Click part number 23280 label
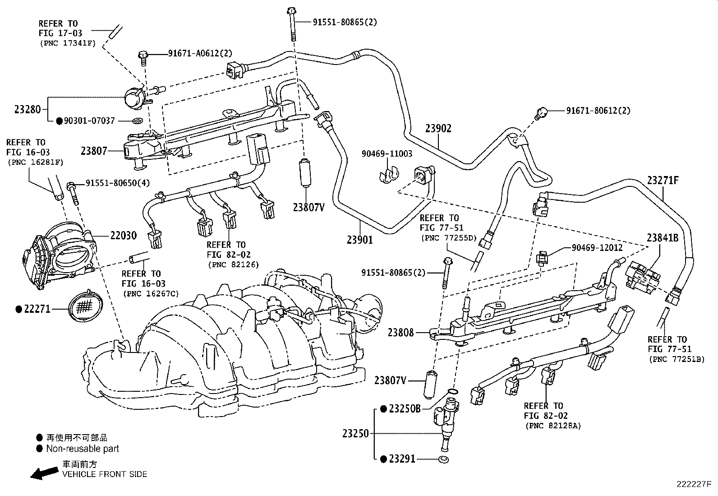[x=28, y=110]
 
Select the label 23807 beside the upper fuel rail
[x=94, y=151]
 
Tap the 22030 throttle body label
[x=124, y=236]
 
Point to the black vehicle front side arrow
[x=45, y=473]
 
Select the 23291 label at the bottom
[x=402, y=459]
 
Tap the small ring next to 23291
[x=443, y=459]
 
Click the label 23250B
[x=405, y=409]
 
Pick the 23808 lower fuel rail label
[x=400, y=332]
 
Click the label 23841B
[x=663, y=238]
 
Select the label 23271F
[x=663, y=181]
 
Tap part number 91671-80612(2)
[x=598, y=111]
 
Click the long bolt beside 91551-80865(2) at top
[x=292, y=25]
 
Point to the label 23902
[x=438, y=128]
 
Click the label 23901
[x=359, y=240]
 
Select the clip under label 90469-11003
[x=388, y=175]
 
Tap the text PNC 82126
[x=233, y=264]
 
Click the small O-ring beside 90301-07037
[x=138, y=121]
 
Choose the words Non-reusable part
[x=83, y=449]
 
